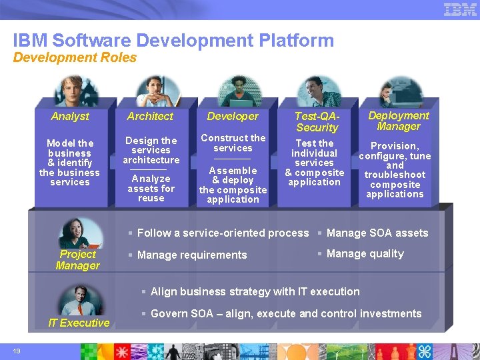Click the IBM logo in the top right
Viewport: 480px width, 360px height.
point(460,9)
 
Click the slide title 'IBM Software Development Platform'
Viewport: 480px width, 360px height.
point(173,40)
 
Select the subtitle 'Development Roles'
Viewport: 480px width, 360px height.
point(75,58)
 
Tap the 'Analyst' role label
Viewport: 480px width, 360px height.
point(70,116)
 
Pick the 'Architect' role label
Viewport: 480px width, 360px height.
point(151,116)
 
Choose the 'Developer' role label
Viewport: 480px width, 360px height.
point(233,116)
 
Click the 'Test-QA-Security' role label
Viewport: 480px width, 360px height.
point(317,121)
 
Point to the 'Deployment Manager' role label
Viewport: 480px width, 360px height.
point(399,121)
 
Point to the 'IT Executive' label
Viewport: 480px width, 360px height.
point(79,323)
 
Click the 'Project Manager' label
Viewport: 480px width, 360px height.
point(78,260)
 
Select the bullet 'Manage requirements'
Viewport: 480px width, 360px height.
point(192,255)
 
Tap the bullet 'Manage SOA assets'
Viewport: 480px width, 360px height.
point(377,233)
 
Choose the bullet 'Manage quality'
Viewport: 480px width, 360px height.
point(365,253)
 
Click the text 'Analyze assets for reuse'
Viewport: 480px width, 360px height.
point(151,188)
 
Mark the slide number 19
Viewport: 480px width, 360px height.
point(17,351)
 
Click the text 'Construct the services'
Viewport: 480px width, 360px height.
point(233,143)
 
